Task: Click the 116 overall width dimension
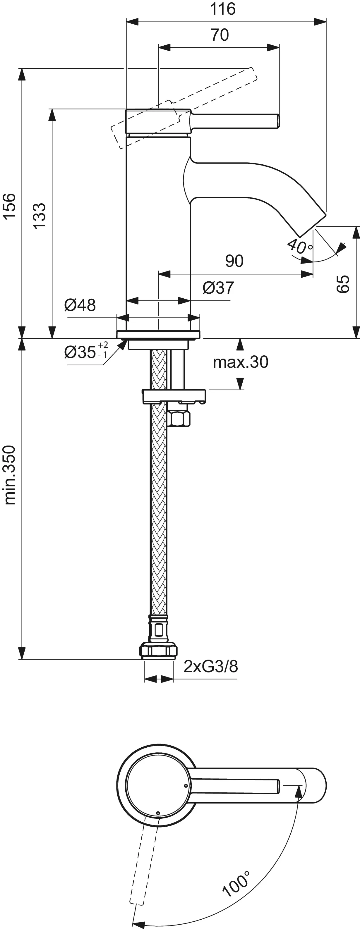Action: (223, 9)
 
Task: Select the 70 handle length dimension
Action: (220, 35)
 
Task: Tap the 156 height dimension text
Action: (10, 205)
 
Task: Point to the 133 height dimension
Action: (40, 215)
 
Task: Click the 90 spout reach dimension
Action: (234, 261)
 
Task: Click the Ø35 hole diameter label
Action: (86, 351)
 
